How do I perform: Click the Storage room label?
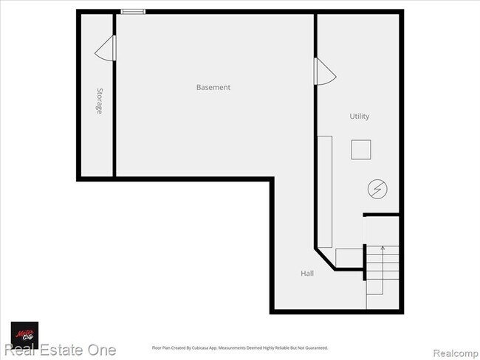coord(99,101)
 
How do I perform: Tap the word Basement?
coord(213,87)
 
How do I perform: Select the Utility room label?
coord(360,117)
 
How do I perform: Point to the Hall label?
coord(307,273)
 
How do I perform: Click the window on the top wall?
coord(133,11)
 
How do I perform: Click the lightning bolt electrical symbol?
coord(377,190)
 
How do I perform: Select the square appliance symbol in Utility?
coord(361,149)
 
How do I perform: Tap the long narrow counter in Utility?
coord(324,190)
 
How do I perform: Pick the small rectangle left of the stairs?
coord(349,257)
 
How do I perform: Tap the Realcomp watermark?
coord(454,350)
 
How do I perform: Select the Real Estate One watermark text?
coord(58,350)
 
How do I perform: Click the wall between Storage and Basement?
coord(114,111)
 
